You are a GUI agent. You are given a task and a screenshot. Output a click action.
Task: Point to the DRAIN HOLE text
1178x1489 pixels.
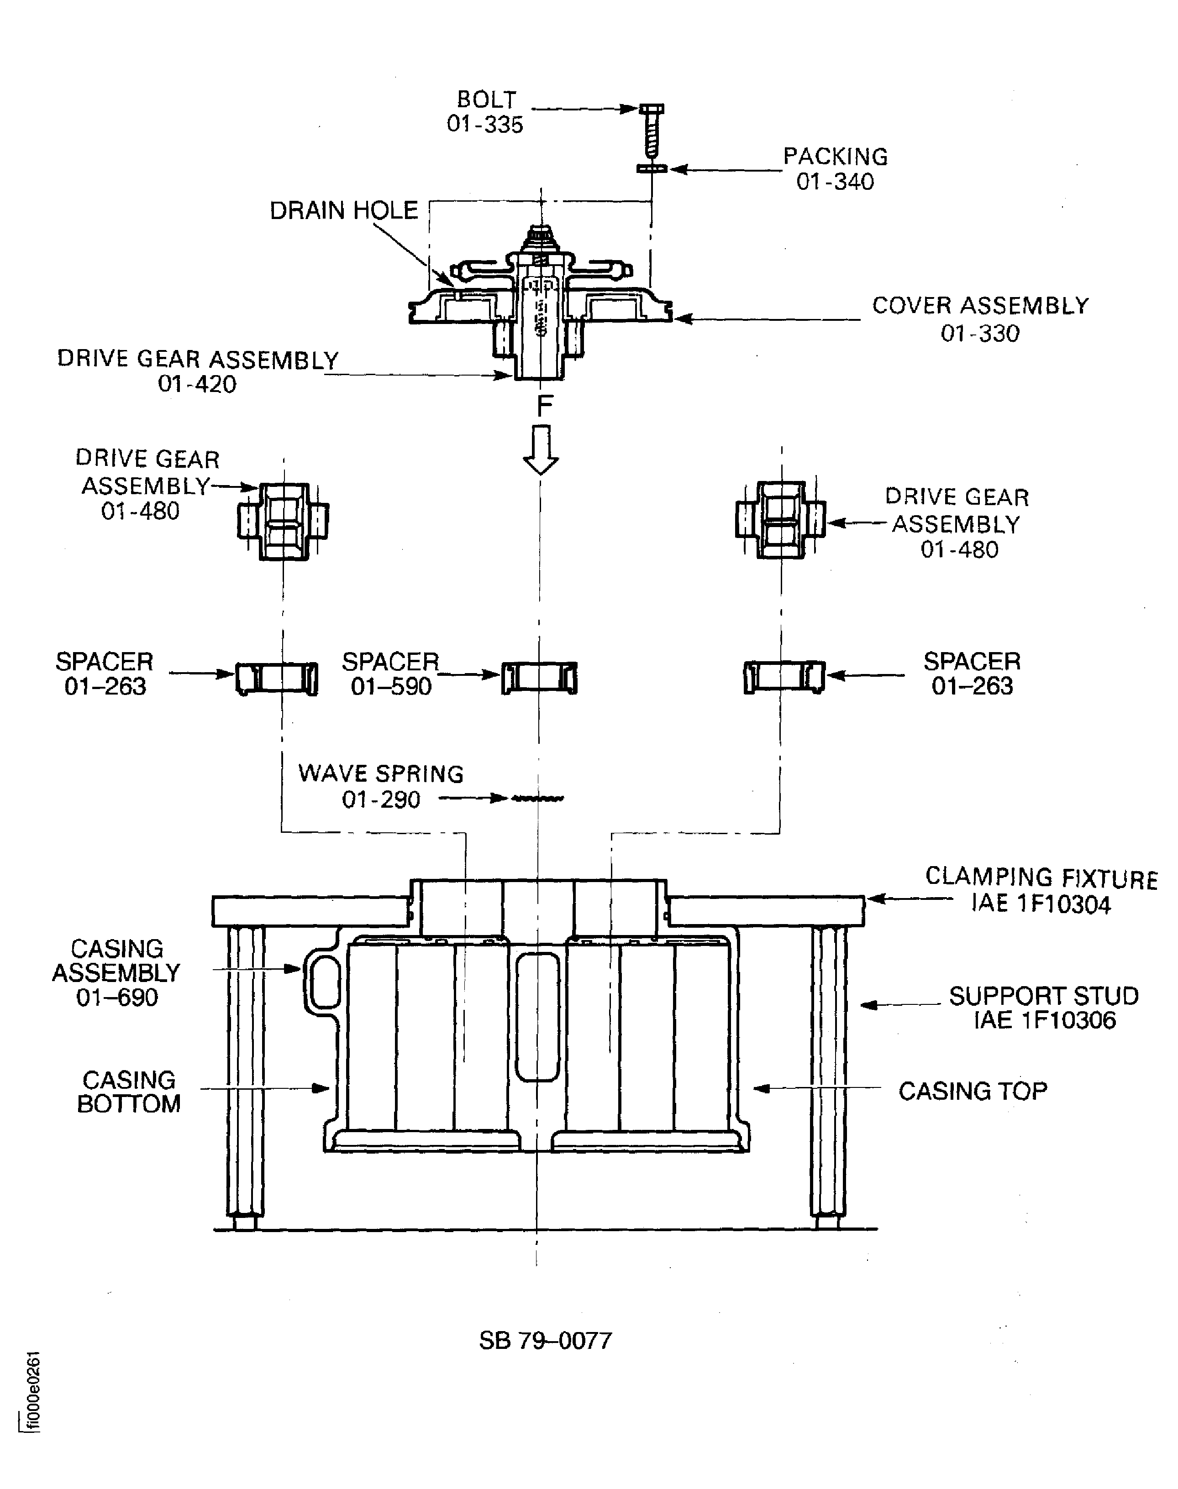(343, 211)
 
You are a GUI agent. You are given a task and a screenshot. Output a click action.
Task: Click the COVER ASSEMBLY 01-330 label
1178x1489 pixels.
(980, 319)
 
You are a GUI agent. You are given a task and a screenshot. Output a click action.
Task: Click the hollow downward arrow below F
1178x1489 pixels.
(541, 449)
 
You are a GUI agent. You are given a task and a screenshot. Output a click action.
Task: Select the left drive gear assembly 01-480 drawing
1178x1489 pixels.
(283, 521)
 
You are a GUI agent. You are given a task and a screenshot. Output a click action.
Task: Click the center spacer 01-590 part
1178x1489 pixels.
(539, 678)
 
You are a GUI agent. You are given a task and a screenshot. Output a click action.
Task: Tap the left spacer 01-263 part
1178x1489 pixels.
(277, 678)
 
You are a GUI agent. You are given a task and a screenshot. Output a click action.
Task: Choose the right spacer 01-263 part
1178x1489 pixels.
(784, 677)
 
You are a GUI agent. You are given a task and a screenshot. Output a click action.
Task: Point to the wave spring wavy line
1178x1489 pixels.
(537, 798)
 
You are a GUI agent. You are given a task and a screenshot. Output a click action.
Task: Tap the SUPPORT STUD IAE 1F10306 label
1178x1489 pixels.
(1043, 1008)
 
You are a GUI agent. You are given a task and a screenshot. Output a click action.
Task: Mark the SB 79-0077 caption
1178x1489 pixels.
(545, 1340)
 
